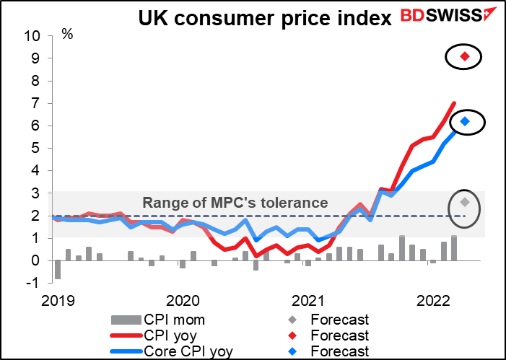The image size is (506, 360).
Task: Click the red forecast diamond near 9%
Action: click(465, 56)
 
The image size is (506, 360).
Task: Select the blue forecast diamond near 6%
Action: click(465, 121)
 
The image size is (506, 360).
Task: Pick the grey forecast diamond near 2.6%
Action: click(466, 203)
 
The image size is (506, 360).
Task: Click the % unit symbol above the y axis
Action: click(67, 33)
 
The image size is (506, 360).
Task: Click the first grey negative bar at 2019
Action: click(58, 269)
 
